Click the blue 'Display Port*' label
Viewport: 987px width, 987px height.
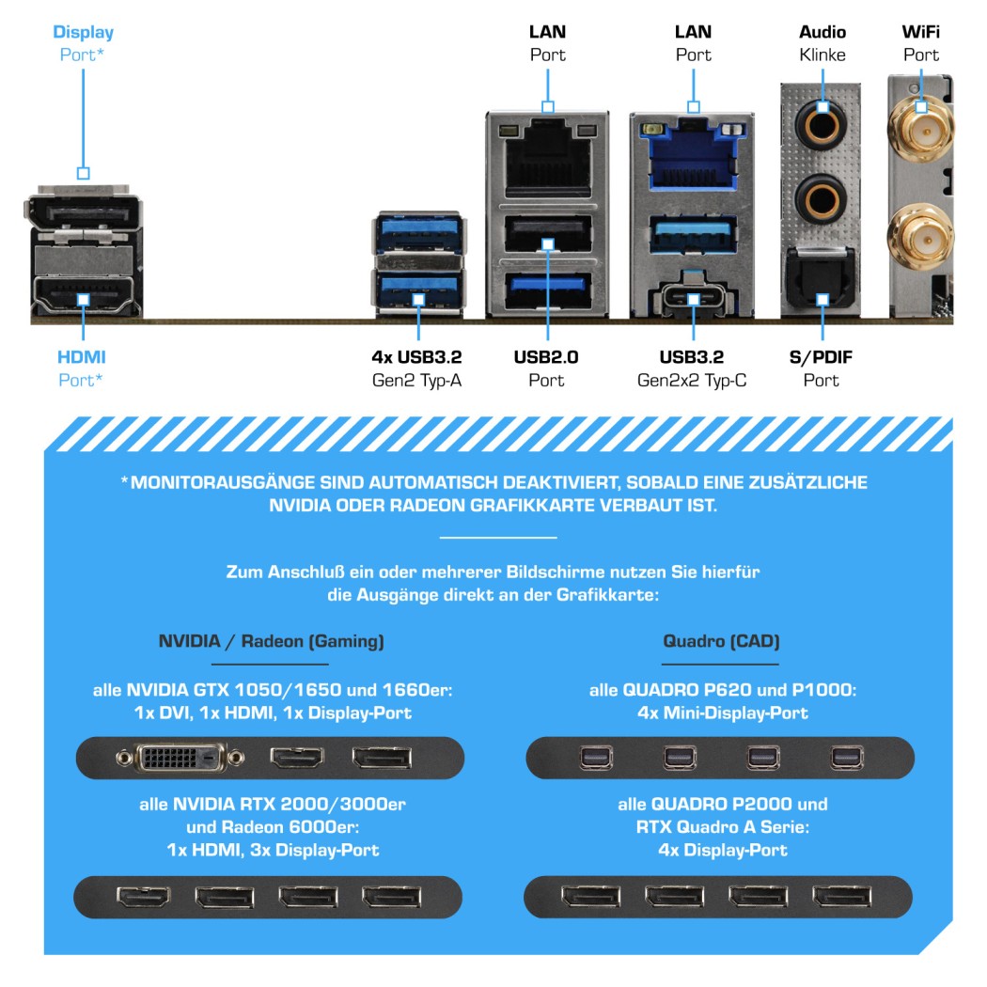point(83,43)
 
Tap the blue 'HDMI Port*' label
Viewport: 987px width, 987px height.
point(81,368)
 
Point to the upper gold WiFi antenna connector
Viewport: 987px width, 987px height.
point(921,129)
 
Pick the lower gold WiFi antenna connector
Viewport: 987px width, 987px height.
point(920,237)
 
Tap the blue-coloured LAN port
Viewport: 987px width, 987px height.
point(693,157)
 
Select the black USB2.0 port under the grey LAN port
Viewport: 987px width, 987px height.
point(548,233)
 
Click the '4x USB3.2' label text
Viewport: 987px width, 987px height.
point(416,357)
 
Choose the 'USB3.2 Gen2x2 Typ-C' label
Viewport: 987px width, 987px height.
point(692,368)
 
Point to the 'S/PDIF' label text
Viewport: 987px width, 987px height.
point(821,357)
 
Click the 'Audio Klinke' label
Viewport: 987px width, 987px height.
point(822,43)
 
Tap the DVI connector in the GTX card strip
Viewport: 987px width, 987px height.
point(180,758)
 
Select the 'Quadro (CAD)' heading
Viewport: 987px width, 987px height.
point(721,641)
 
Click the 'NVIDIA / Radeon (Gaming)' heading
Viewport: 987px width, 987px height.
point(272,641)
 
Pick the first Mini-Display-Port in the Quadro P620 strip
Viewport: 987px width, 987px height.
point(595,758)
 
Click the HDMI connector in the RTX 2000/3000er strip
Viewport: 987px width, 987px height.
point(144,897)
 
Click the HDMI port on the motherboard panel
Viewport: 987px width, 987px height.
point(83,295)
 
